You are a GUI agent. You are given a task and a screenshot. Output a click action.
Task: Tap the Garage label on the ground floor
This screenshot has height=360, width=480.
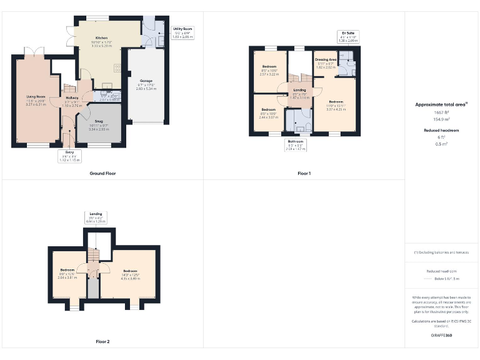tap(146, 81)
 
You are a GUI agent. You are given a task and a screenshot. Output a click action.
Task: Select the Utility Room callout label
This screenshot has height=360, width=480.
tap(182, 29)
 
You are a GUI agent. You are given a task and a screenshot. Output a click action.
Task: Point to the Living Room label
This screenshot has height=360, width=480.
tap(36, 96)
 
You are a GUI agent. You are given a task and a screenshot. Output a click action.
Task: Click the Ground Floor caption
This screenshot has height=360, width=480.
tap(102, 173)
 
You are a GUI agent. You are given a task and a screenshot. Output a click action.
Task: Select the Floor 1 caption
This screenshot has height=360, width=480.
tap(304, 173)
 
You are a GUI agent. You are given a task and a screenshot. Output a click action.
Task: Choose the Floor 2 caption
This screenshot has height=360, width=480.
tap(102, 342)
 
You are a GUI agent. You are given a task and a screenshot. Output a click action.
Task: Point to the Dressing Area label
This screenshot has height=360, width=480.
tap(326, 59)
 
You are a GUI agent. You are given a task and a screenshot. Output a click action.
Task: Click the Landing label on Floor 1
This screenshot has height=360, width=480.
tap(299, 91)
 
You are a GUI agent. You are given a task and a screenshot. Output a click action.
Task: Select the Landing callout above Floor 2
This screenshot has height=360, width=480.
tap(96, 214)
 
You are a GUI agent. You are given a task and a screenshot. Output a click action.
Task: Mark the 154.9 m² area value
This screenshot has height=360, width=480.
tap(441, 118)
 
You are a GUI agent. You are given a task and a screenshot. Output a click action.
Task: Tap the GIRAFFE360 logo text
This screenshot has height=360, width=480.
tap(441, 336)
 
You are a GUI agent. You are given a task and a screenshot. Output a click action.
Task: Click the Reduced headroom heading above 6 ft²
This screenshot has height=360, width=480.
tap(441, 130)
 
